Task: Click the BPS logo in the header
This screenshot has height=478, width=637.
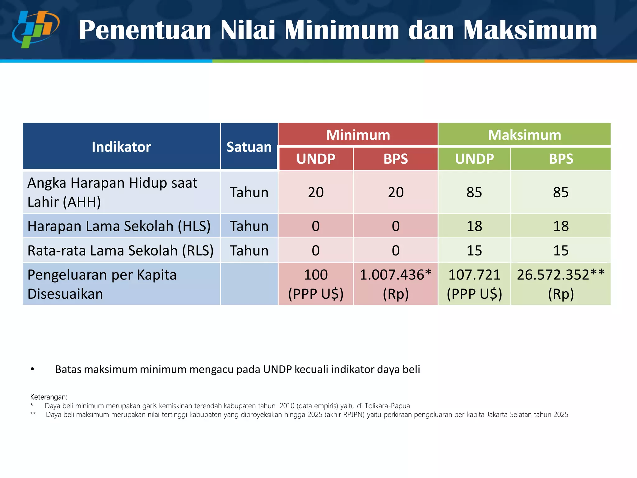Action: point(36,29)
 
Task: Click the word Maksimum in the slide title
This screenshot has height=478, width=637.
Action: point(530,30)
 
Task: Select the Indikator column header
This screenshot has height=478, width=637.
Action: point(121,147)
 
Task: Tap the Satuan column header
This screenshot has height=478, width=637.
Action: point(249,147)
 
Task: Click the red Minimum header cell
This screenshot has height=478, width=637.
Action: point(358,135)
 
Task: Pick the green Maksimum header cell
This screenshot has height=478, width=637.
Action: point(524,135)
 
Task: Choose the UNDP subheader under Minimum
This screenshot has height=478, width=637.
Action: point(316,159)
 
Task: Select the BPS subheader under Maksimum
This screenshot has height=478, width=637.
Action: point(561,159)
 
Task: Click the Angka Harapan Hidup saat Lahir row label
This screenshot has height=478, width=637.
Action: point(112,192)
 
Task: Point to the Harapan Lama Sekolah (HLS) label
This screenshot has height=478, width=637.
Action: point(119,226)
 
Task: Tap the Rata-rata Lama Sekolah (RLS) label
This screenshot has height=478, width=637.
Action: point(120,251)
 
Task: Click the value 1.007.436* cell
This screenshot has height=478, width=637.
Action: point(395,284)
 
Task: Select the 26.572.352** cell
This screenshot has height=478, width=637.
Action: point(561,284)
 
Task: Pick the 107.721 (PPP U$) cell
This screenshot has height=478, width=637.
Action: point(474,284)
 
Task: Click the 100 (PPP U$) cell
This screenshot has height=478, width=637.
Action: point(316,284)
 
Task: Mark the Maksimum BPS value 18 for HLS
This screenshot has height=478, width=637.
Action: point(561,226)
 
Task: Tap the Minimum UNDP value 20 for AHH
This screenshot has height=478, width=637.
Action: point(316,192)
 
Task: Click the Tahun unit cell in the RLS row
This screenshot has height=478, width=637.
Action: point(249,251)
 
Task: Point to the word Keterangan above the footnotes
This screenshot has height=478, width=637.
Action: point(49,397)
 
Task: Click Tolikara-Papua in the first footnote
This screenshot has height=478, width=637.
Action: point(387,406)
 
